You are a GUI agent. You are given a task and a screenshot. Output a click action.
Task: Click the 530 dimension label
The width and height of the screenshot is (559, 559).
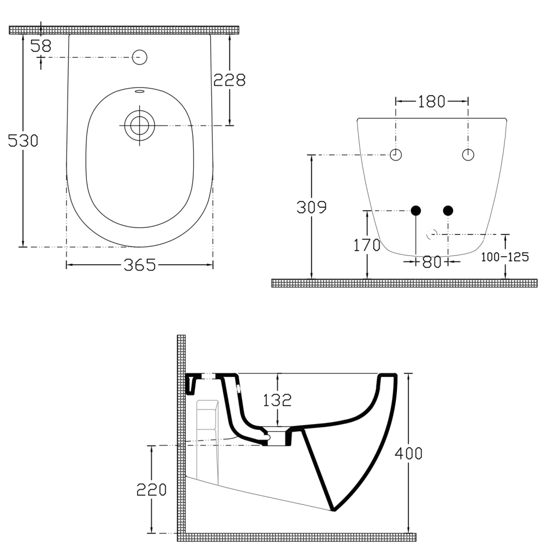pos(23,141)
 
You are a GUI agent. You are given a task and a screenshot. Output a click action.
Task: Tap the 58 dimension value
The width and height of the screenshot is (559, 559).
pos(41,46)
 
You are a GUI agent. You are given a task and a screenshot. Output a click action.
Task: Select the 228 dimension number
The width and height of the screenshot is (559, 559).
pos(229,80)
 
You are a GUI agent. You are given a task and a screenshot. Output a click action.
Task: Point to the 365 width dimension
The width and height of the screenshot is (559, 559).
pos(139,265)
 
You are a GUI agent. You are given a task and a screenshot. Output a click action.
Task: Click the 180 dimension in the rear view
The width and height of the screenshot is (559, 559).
pos(431,101)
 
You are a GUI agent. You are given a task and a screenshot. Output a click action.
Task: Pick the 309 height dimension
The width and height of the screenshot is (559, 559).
pos(311,207)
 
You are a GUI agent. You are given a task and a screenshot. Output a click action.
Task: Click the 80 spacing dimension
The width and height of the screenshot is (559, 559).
pos(431,262)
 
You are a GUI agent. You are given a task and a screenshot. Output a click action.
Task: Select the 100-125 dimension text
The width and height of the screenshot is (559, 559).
pos(504,257)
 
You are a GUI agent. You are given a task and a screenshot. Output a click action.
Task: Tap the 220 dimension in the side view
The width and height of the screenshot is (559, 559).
pos(151,490)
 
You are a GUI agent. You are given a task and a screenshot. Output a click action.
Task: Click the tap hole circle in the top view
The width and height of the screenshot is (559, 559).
pos(140,56)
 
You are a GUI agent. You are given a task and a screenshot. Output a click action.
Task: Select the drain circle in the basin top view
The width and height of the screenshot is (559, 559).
pos(139,125)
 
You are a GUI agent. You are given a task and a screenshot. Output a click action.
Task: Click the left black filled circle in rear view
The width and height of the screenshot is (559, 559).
pos(416,210)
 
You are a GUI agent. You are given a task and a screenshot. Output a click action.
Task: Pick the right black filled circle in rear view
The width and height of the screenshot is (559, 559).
pos(448,210)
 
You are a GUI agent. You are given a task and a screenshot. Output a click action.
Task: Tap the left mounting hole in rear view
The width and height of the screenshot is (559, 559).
pos(396,154)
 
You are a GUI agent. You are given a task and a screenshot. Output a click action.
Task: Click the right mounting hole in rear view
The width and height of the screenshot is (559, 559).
pos(468,154)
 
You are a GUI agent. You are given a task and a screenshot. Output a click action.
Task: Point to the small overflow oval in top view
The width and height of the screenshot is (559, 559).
pos(139,91)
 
